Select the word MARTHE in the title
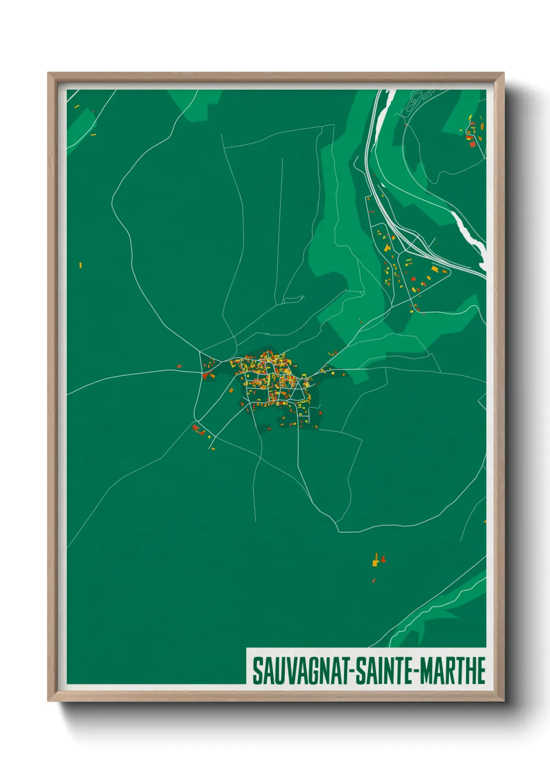453,671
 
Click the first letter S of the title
257,671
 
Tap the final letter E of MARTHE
481,671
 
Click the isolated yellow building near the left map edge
81,266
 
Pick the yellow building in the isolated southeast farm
375,562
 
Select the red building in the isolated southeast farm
383,559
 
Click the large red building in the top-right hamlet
472,144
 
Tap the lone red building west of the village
178,366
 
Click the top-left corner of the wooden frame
49,74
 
